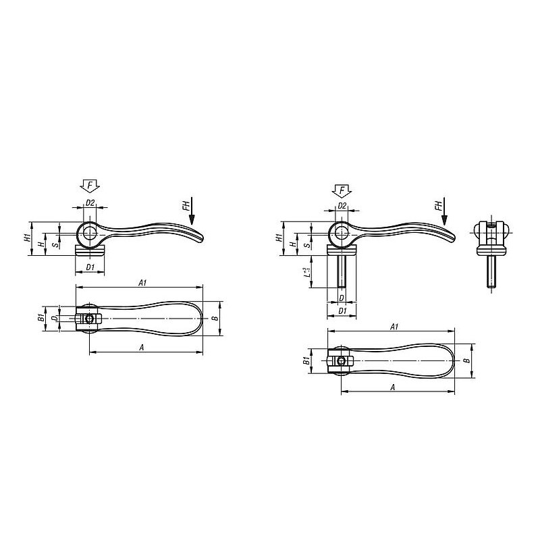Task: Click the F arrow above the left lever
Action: point(90,186)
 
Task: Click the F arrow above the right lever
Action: point(342,191)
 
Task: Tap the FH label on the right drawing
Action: point(438,206)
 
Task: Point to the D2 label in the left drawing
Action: point(90,203)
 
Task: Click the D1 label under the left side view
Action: point(90,267)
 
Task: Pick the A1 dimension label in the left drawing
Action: point(142,283)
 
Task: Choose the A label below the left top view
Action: point(141,348)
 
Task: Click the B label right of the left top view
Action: point(215,317)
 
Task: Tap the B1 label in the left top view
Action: point(40,317)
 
